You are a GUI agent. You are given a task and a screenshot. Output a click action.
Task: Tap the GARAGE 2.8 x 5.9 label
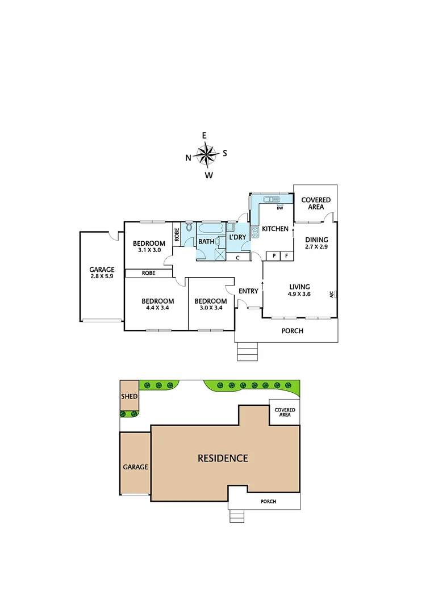(x=102, y=273)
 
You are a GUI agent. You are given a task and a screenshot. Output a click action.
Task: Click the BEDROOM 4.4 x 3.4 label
(x=157, y=304)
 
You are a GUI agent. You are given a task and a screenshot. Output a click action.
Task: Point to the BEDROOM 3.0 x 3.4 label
(x=210, y=304)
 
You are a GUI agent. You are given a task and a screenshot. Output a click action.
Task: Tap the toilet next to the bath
(x=189, y=229)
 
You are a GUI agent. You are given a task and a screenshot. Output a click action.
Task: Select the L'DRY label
(x=237, y=238)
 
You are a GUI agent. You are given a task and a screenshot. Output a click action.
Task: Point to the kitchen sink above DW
(x=271, y=199)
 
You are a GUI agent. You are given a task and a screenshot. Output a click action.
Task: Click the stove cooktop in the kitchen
(x=255, y=232)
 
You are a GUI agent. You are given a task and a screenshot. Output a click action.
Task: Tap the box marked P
(x=274, y=256)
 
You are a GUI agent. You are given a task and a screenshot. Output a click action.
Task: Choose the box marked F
(x=286, y=256)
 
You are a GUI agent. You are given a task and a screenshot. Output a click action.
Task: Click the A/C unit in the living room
(x=334, y=294)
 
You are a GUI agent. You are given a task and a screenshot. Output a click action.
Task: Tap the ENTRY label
(x=248, y=291)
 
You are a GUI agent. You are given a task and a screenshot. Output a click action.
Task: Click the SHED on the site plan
(x=129, y=396)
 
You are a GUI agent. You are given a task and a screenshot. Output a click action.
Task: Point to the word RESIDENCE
(x=223, y=458)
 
